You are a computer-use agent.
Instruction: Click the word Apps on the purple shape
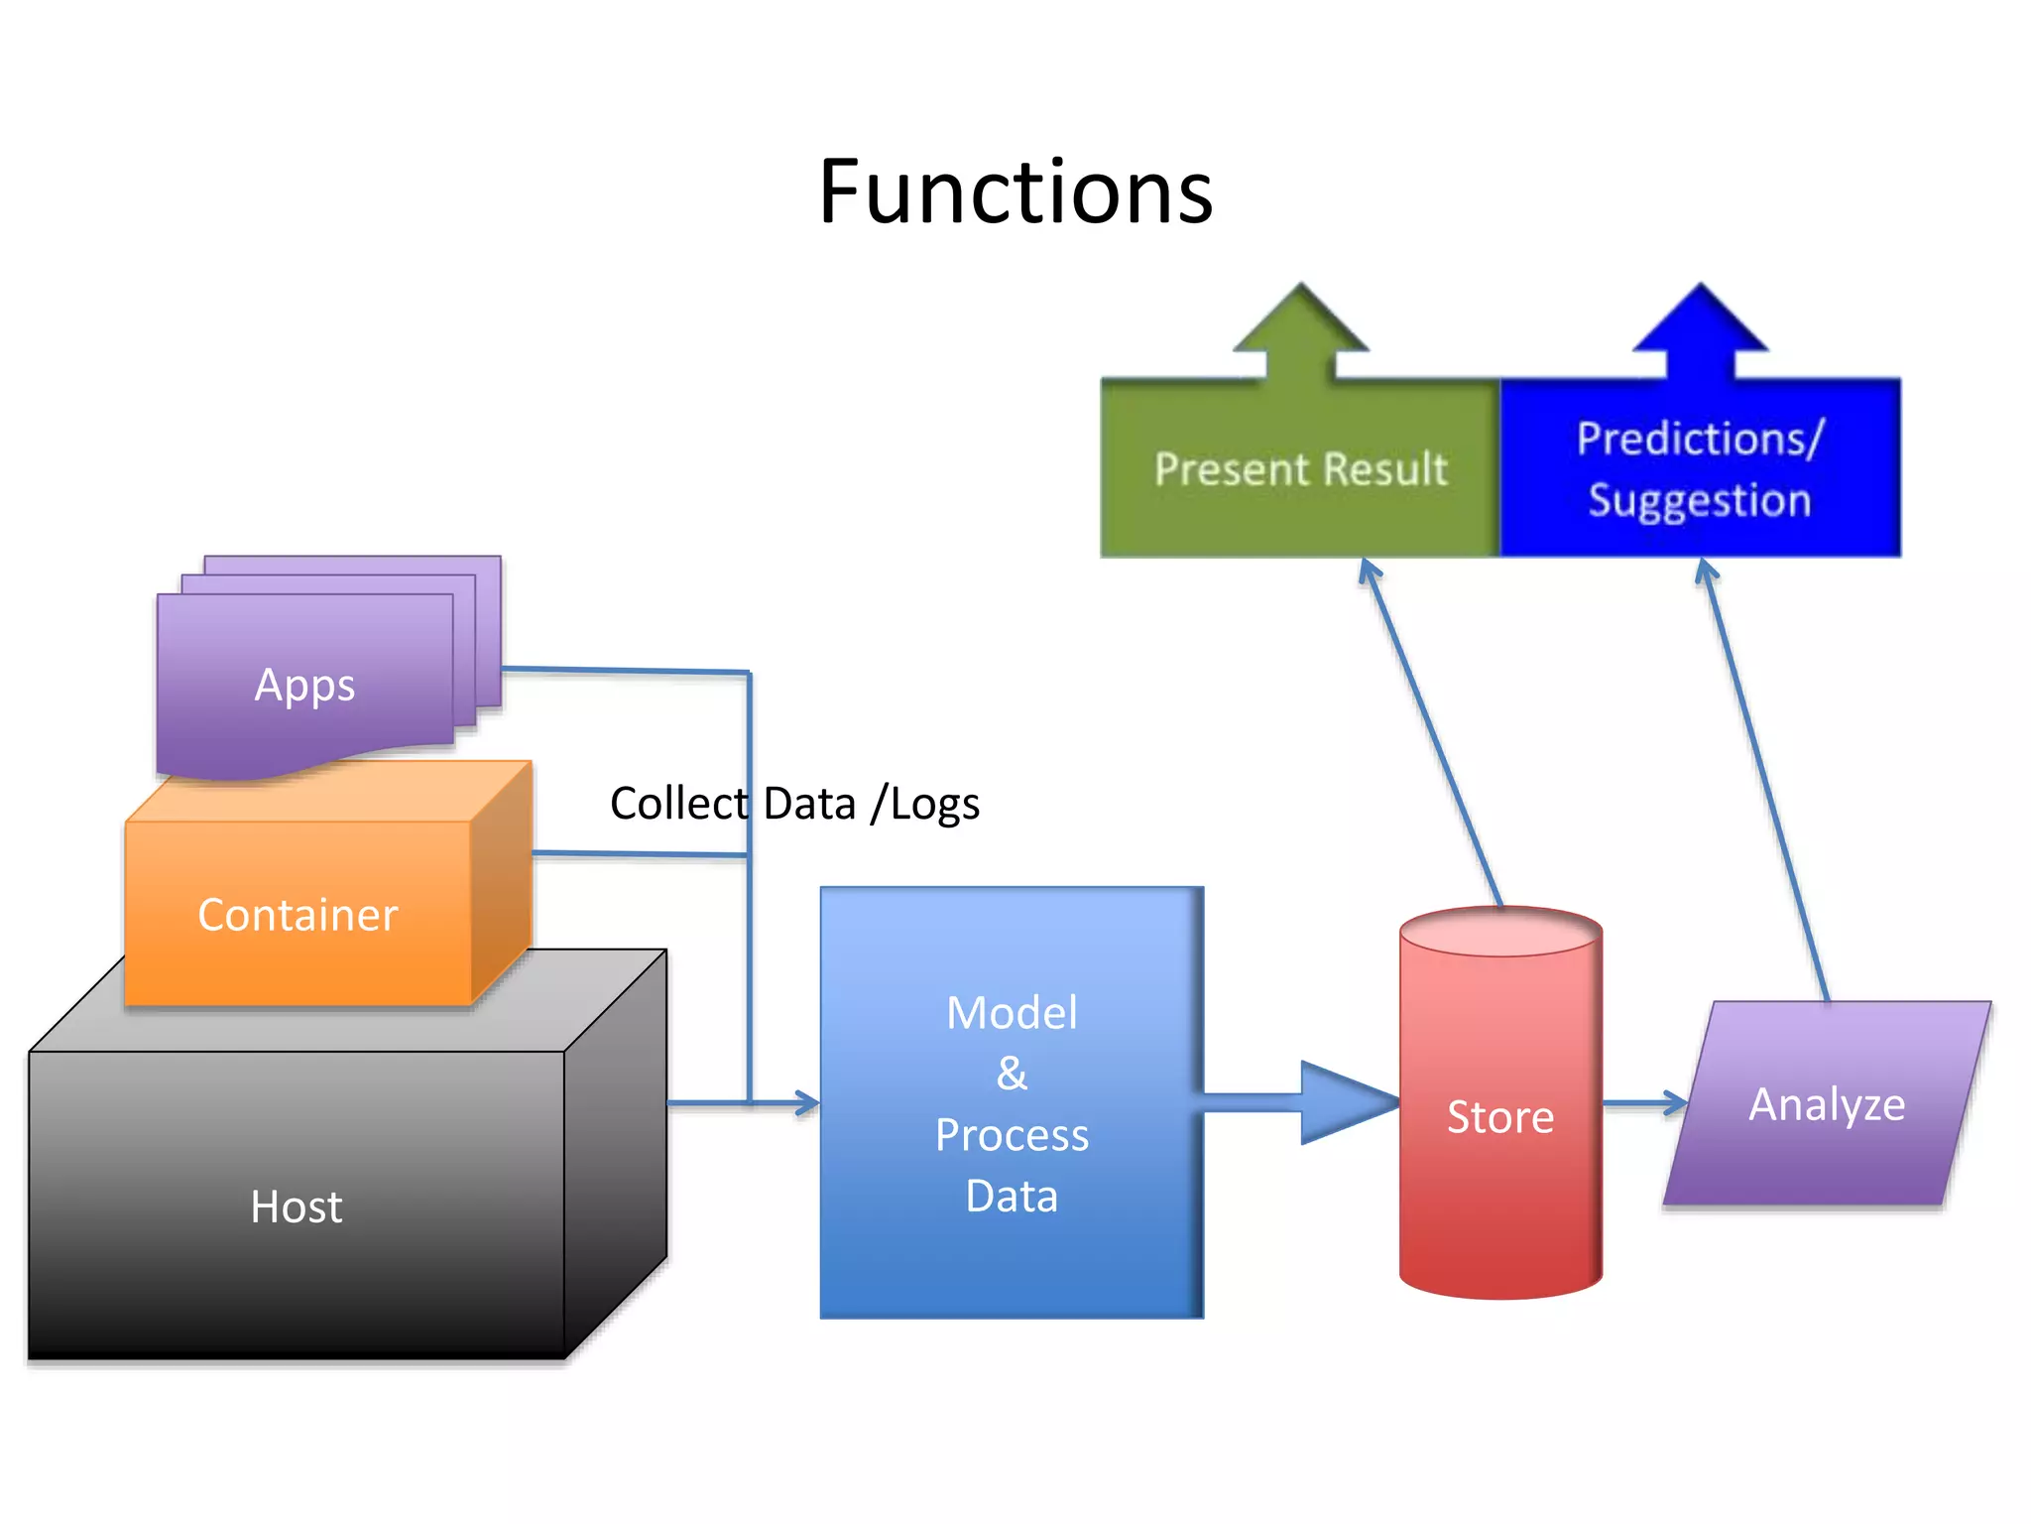tap(304, 685)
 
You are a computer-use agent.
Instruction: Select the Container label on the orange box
tap(298, 914)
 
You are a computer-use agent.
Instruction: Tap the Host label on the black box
tap(296, 1206)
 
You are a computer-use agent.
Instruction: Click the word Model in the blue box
tap(1012, 1013)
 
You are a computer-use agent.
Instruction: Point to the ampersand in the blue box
tap(1012, 1074)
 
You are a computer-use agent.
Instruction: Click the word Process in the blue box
tap(1012, 1135)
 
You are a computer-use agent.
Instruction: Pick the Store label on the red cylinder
tap(1499, 1117)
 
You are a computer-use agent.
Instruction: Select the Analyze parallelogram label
tap(1827, 1104)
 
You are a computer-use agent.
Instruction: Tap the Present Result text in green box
tap(1300, 468)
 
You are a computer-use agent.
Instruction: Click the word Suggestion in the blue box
tap(1699, 500)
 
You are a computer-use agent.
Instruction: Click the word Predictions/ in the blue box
tap(1699, 439)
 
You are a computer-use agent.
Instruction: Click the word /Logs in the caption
tap(924, 804)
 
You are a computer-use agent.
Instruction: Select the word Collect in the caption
tap(679, 804)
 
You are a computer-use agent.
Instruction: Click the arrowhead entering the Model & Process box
tap(807, 1102)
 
